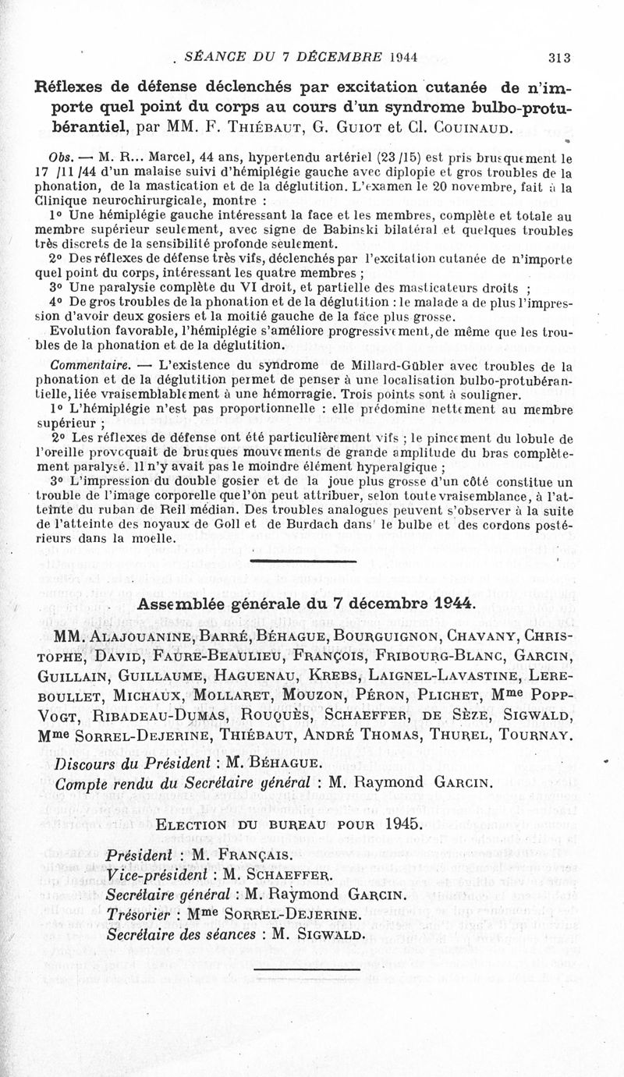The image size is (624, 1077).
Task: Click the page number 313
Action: click(x=561, y=56)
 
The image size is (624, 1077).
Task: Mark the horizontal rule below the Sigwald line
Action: click(x=307, y=968)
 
